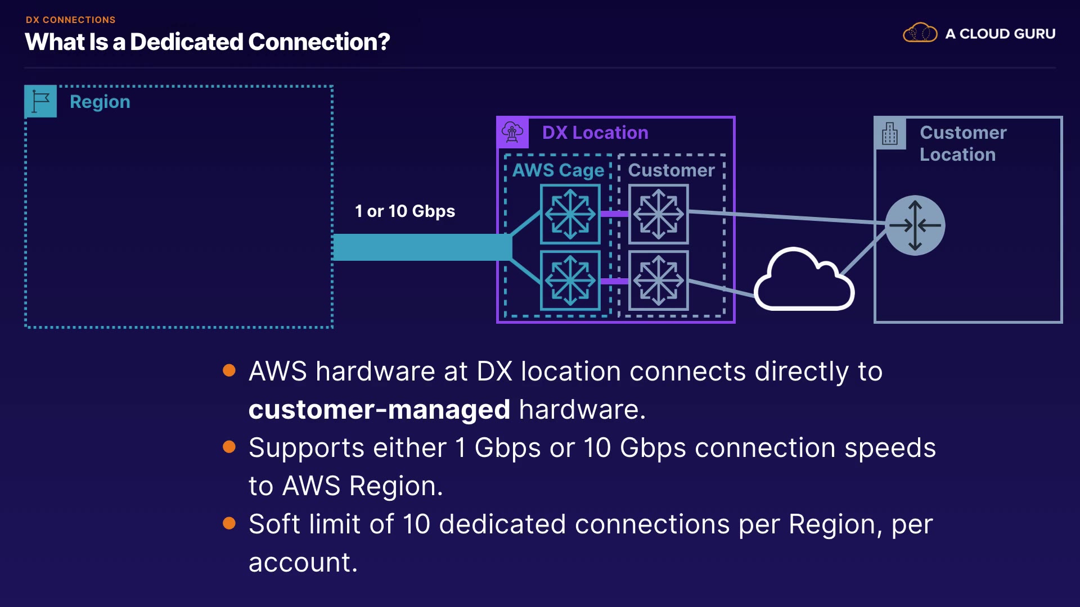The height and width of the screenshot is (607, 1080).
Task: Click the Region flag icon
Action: click(x=40, y=101)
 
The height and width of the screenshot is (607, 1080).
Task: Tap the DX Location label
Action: click(x=595, y=133)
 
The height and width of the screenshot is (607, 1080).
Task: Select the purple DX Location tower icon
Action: click(x=512, y=133)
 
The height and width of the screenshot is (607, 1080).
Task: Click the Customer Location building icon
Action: click(x=890, y=134)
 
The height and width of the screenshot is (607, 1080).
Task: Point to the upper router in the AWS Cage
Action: click(x=570, y=214)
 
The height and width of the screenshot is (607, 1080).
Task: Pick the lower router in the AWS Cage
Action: click(x=570, y=280)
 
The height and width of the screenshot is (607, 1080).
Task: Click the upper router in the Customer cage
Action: click(x=659, y=214)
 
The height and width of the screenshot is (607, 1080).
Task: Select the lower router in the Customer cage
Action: click(x=659, y=280)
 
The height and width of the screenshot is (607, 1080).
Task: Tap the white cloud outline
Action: click(x=804, y=279)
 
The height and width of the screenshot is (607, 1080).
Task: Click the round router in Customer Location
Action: click(x=915, y=225)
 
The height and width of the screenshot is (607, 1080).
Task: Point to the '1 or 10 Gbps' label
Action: click(x=405, y=211)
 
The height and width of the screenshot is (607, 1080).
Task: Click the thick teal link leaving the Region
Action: click(x=422, y=247)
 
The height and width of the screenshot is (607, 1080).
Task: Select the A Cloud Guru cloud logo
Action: click(x=920, y=33)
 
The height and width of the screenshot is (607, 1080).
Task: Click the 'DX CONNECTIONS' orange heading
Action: click(x=70, y=20)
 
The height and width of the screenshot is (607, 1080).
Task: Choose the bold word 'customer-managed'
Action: click(x=380, y=409)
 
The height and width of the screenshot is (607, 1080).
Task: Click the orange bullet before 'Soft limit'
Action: click(x=229, y=523)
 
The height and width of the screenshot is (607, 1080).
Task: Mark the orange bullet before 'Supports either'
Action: click(x=229, y=447)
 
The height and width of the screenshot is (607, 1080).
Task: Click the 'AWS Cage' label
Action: click(x=558, y=170)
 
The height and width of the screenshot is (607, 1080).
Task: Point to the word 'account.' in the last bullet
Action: click(x=303, y=563)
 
